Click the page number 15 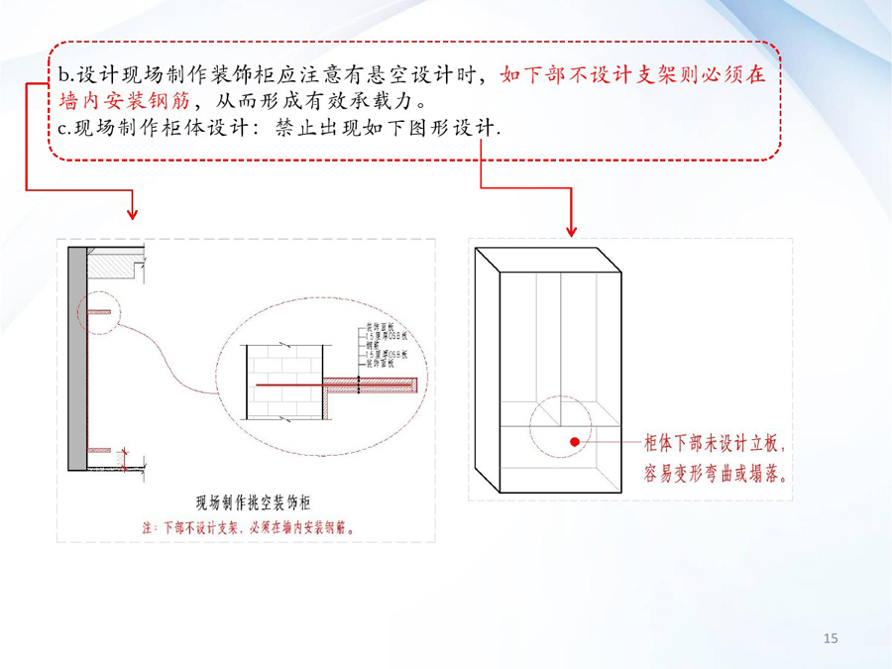pos(831,638)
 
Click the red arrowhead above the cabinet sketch pos(571,230)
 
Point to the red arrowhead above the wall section pos(132,213)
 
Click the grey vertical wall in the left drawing pos(76,357)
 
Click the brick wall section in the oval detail pos(285,382)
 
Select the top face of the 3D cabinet pos(547,260)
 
